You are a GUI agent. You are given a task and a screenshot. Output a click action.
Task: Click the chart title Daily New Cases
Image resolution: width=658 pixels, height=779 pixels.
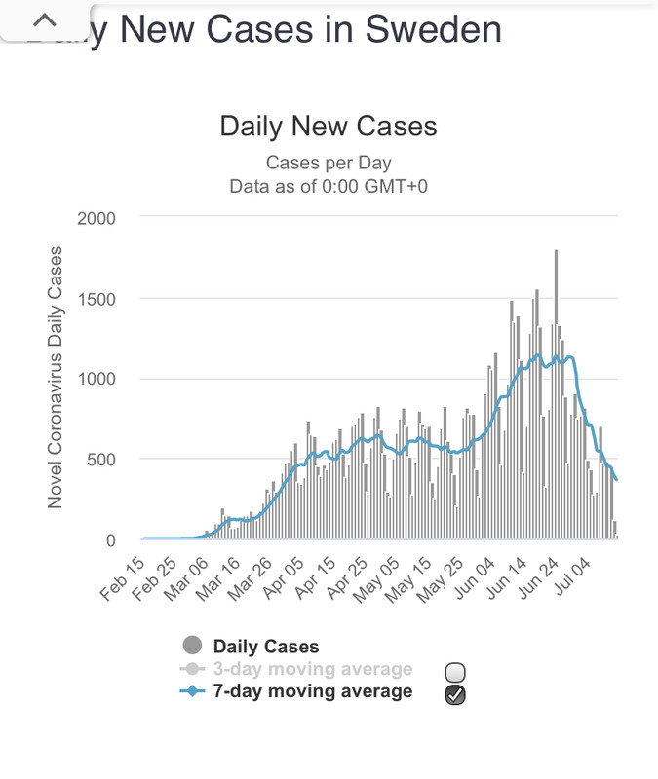click(x=329, y=127)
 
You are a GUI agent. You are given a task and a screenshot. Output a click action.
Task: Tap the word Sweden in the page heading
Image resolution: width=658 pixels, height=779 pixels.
click(x=433, y=29)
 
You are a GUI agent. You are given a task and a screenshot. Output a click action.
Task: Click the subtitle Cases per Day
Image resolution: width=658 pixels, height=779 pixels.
click(x=329, y=163)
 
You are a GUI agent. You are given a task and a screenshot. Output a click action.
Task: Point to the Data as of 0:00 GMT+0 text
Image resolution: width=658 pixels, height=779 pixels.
click(x=329, y=185)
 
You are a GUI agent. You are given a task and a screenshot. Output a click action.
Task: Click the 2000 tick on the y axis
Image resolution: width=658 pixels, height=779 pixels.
click(x=97, y=218)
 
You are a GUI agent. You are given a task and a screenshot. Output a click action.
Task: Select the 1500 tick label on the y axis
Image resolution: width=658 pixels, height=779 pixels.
click(x=97, y=299)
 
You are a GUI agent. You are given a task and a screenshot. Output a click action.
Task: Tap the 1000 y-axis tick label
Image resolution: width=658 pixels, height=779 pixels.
click(x=97, y=380)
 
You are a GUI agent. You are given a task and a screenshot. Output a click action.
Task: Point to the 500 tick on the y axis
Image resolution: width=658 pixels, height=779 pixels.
click(x=101, y=460)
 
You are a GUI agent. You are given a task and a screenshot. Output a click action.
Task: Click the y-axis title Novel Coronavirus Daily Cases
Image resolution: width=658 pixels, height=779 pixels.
click(x=56, y=377)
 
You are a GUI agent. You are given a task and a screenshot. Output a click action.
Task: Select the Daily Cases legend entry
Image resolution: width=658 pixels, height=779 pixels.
click(x=265, y=646)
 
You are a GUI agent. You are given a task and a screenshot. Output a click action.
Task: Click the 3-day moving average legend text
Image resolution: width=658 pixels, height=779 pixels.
click(x=312, y=669)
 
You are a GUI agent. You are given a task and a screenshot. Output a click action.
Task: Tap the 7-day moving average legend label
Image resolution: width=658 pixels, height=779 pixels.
click(x=312, y=691)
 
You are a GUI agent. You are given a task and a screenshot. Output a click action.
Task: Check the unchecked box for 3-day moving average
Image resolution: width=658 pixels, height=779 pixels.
click(x=454, y=672)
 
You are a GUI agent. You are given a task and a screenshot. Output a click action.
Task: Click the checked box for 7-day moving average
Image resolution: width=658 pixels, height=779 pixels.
click(x=454, y=694)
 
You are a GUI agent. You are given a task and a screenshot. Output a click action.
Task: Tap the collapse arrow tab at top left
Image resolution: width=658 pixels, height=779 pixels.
click(x=46, y=20)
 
